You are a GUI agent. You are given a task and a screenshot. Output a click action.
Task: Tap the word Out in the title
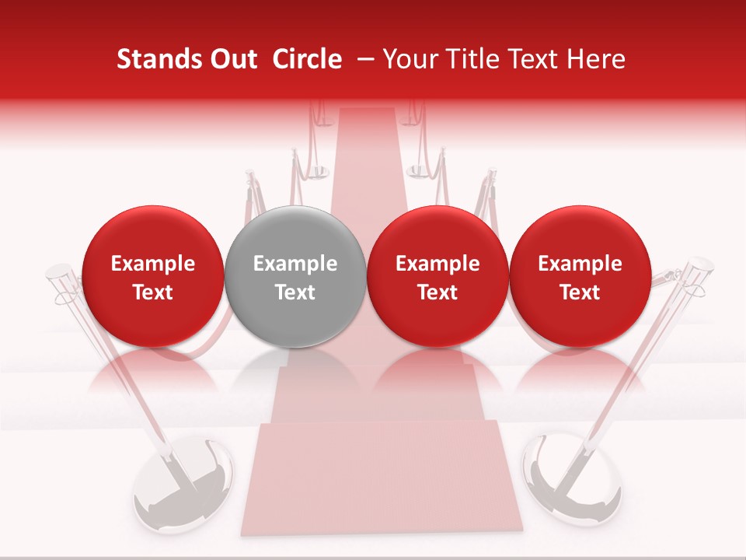232,59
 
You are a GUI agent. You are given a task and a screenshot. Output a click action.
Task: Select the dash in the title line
368,59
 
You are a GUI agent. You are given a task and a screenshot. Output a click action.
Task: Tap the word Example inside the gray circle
295,264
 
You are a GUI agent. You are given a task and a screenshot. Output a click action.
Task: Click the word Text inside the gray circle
295,292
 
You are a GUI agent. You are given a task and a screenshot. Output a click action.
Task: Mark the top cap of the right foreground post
699,269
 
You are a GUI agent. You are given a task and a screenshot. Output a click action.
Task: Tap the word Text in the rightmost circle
580,292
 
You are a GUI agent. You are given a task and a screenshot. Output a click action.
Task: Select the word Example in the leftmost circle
152,264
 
